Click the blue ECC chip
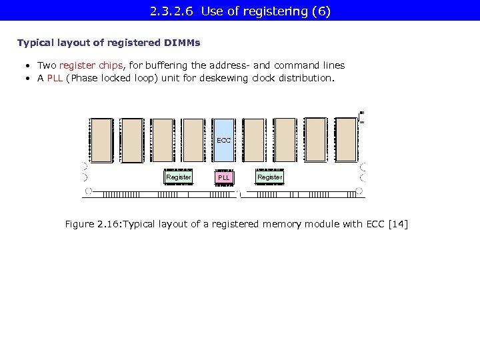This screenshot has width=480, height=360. (224, 140)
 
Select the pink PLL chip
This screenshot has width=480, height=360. (224, 178)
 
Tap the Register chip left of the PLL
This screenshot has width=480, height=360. (178, 177)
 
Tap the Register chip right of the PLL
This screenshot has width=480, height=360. (269, 177)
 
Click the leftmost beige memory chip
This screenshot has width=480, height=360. (101, 140)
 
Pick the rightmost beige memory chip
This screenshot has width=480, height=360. (346, 140)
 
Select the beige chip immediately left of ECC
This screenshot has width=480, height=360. (193, 140)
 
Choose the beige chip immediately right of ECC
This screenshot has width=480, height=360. (254, 140)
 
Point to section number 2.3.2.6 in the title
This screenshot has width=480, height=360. (173, 11)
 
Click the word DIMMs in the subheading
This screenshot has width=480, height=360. (181, 43)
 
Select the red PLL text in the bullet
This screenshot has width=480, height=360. (55, 78)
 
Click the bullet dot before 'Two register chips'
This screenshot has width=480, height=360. (29, 66)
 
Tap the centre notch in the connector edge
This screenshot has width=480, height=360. (239, 194)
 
